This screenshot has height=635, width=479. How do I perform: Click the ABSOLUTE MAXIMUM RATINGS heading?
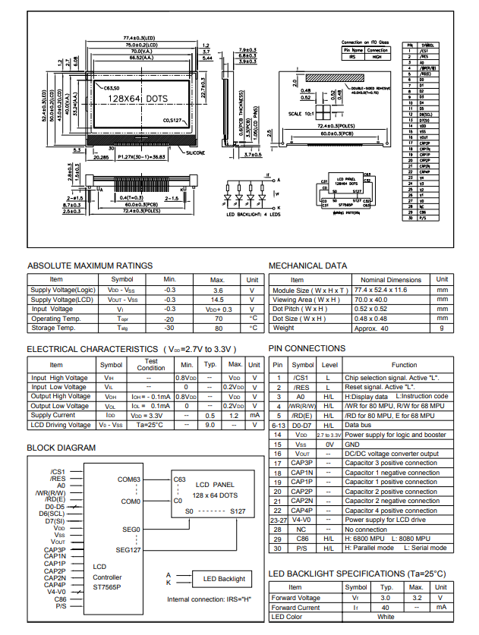click(90, 266)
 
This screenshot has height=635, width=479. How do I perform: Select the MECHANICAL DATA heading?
click(308, 266)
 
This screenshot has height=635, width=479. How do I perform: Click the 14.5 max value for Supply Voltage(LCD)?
click(217, 300)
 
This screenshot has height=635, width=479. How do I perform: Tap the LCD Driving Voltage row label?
click(60, 425)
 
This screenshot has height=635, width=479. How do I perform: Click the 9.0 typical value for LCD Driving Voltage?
click(210, 425)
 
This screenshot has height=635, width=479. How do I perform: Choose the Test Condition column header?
click(150, 364)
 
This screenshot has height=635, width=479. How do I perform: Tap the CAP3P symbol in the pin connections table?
click(302, 463)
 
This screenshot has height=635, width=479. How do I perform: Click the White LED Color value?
click(386, 617)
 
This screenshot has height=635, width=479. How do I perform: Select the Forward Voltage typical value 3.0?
click(386, 597)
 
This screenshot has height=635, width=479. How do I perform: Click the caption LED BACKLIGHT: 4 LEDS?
click(254, 215)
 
